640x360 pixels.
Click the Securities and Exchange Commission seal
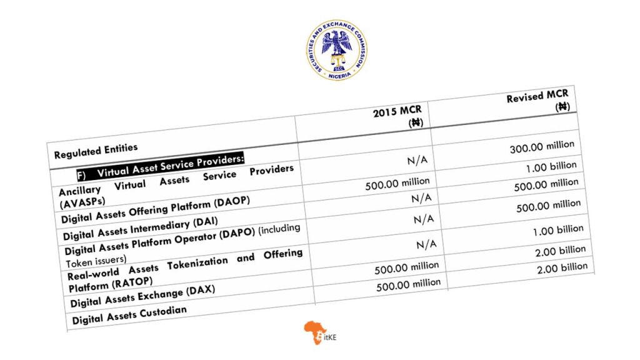(x=337, y=49)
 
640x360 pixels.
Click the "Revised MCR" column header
(x=537, y=96)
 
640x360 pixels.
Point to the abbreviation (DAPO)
(x=237, y=236)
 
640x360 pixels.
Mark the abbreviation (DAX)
(x=185, y=292)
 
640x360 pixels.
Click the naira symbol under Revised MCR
(x=562, y=107)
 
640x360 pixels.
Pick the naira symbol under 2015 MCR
(x=416, y=122)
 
